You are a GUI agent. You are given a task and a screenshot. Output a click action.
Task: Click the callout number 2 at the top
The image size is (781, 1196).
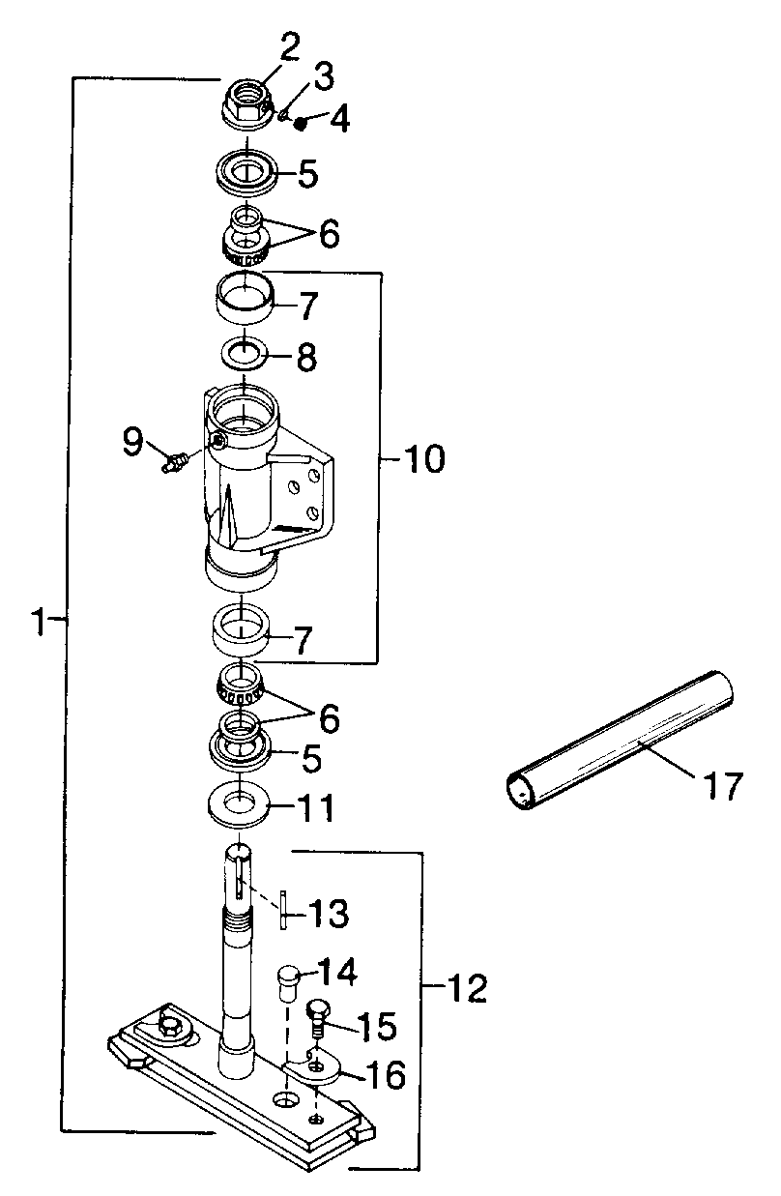[x=290, y=47]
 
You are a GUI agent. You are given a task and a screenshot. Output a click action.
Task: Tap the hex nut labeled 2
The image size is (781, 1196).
[x=246, y=105]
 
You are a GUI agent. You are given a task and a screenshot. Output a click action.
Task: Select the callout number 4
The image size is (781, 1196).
[x=339, y=118]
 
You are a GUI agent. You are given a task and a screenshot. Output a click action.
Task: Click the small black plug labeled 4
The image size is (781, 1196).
[x=302, y=124]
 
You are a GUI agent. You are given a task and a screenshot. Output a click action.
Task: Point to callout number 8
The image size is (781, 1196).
[x=306, y=356]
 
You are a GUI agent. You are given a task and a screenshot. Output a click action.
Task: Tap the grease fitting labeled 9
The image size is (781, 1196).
[x=175, y=461]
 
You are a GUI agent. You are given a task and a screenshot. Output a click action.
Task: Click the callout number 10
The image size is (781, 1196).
[x=424, y=458]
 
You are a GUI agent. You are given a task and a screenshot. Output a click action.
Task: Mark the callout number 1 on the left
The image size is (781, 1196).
[x=39, y=622]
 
